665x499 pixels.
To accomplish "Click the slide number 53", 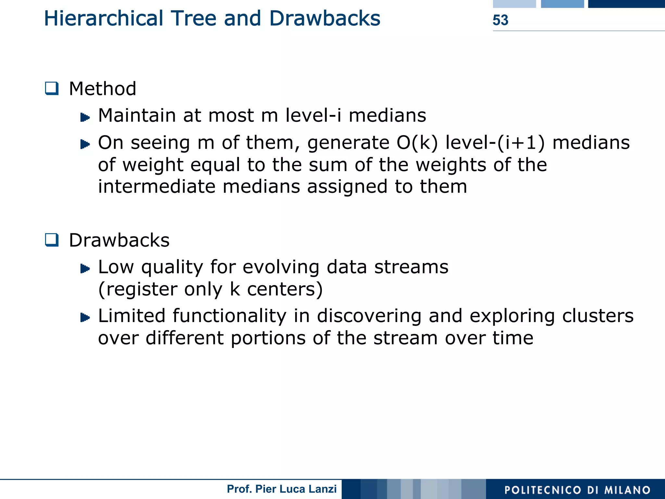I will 500,20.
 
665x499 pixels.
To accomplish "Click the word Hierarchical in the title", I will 103,19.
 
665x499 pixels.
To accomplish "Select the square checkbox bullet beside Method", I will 52,88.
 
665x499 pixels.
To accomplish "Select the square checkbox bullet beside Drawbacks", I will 52,240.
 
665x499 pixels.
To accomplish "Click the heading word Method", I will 103,89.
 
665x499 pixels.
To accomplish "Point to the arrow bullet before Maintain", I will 85,117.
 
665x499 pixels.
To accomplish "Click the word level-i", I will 313,115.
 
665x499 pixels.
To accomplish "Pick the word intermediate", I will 157,187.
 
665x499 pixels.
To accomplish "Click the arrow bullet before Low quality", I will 85,268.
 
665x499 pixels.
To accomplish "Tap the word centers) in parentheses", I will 285,289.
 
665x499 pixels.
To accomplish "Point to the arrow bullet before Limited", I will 85,317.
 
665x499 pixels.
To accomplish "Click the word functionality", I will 229,316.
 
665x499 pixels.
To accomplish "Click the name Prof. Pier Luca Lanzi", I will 282,489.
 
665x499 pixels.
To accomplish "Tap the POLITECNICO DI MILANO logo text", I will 577,490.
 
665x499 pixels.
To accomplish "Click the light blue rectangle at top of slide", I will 514,4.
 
